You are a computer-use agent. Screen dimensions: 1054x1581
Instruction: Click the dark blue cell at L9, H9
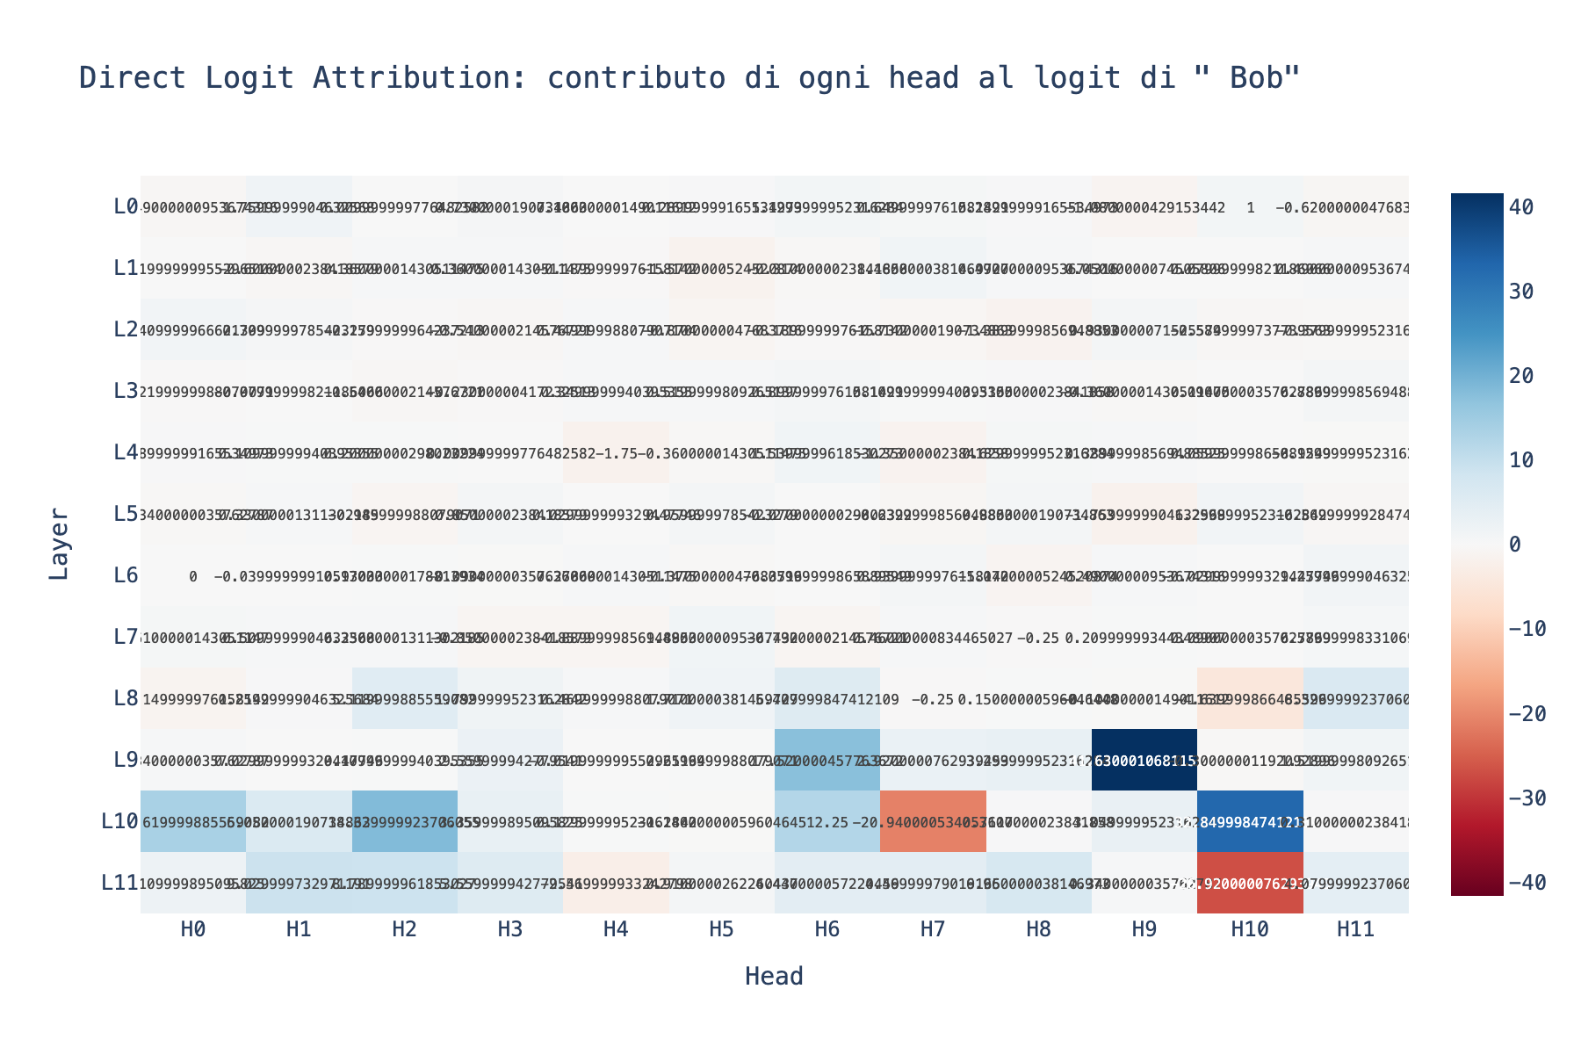1144,760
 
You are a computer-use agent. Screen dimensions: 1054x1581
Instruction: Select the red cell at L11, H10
1249,883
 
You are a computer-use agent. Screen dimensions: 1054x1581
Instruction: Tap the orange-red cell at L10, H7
933,821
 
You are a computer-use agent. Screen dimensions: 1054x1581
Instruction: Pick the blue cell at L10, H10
1249,821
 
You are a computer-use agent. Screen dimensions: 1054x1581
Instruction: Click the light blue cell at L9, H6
827,760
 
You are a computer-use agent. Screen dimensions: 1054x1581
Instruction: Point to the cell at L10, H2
405,821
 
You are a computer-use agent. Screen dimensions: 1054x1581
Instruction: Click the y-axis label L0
126,207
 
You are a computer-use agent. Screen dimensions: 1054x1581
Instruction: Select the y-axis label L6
126,576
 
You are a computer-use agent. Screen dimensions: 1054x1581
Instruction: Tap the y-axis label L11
120,884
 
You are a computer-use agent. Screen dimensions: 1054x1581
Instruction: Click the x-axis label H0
194,931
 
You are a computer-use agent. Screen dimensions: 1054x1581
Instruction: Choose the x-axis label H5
722,931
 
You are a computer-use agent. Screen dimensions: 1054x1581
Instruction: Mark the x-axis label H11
1355,931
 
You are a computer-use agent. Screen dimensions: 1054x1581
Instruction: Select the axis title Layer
59,543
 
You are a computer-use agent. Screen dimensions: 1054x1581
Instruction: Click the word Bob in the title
1258,79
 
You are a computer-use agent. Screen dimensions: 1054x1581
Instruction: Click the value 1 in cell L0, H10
1249,207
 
